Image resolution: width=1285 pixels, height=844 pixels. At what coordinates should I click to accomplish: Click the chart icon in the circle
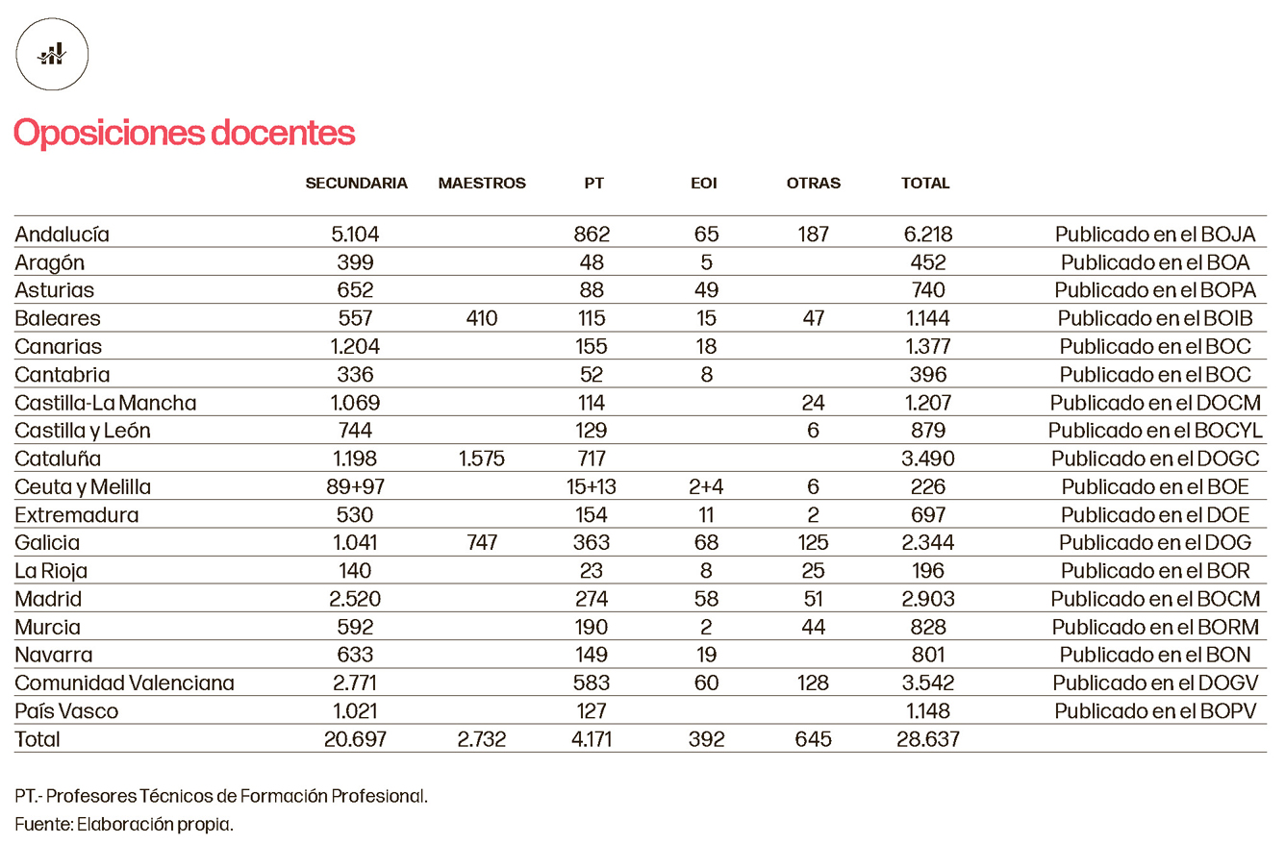click(x=52, y=55)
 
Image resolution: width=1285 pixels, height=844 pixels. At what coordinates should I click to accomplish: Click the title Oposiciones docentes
click(x=184, y=134)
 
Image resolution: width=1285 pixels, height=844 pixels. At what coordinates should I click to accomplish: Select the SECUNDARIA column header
click(x=357, y=184)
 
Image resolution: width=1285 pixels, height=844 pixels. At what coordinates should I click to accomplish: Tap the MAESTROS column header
click(x=482, y=184)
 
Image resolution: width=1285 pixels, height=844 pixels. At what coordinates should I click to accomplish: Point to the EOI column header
click(x=704, y=184)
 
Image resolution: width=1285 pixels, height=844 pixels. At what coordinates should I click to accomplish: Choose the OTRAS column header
click(x=813, y=184)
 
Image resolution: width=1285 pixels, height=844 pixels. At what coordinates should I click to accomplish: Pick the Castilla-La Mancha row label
click(x=106, y=403)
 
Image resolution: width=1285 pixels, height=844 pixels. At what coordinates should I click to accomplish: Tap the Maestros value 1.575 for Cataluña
click(x=479, y=459)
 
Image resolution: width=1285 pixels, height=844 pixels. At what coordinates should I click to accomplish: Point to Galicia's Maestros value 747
click(x=479, y=543)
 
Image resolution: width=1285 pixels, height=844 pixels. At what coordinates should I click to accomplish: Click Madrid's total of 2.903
click(x=928, y=600)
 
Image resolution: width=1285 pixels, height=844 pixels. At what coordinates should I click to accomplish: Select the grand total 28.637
click(x=928, y=740)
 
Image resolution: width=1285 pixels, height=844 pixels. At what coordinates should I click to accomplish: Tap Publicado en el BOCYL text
click(x=1155, y=431)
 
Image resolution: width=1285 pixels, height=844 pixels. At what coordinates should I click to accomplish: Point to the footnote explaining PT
click(x=221, y=796)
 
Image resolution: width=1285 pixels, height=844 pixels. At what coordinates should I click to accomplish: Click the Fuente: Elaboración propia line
click(x=124, y=824)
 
